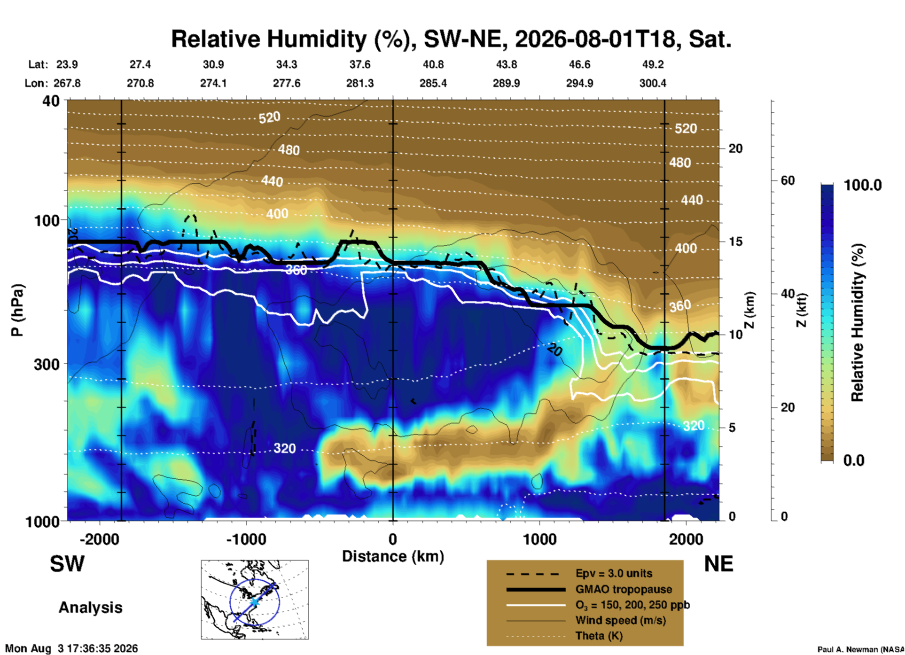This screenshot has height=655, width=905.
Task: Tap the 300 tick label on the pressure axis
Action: [x=47, y=364]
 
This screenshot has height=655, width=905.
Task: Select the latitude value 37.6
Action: [x=360, y=64]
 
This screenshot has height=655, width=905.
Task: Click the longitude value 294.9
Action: [x=579, y=83]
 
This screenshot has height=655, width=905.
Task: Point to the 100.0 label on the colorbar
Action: [x=863, y=185]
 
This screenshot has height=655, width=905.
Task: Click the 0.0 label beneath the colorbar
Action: [x=854, y=460]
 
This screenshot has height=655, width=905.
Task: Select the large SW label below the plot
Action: [x=67, y=564]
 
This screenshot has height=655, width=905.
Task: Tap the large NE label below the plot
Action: [x=718, y=564]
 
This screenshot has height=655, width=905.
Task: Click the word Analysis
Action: [x=90, y=608]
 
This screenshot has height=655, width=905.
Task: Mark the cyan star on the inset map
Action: [x=254, y=601]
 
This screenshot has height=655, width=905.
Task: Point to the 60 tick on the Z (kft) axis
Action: [x=788, y=180]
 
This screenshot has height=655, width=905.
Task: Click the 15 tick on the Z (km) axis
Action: [x=735, y=242]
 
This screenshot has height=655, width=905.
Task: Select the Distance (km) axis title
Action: [x=393, y=556]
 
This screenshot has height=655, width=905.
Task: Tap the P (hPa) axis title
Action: [x=17, y=311]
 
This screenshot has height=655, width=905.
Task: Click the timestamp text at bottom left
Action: [x=71, y=649]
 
